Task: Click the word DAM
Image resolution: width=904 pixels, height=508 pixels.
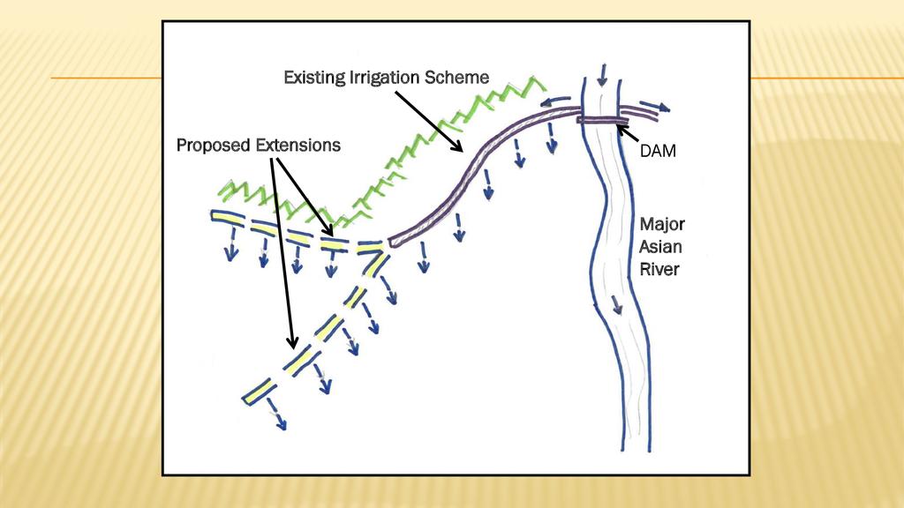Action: click(x=658, y=152)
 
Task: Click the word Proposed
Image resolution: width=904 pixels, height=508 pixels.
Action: click(x=215, y=145)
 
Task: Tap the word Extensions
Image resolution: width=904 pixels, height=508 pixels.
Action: click(x=298, y=145)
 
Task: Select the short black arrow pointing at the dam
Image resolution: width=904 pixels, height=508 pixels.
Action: click(x=626, y=133)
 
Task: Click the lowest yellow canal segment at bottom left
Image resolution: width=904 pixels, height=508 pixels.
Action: click(x=259, y=391)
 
